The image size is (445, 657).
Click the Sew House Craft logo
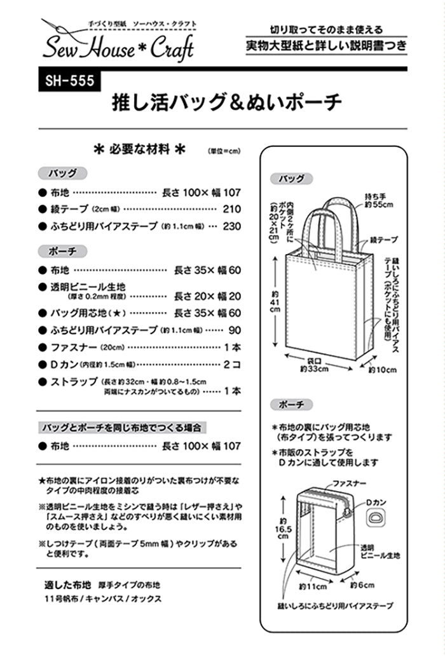[x=118, y=43]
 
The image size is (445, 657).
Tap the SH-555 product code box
[x=65, y=81]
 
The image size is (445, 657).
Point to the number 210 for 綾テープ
[x=232, y=209]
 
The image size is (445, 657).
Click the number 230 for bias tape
[x=232, y=226]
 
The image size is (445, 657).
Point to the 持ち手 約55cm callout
[x=379, y=201]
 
